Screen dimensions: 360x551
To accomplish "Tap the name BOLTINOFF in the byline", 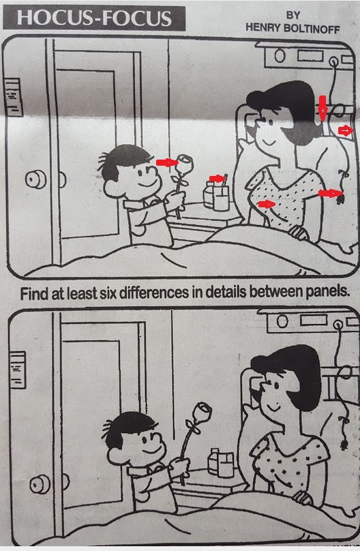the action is [x=312, y=29].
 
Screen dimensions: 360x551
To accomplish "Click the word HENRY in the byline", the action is [x=262, y=27].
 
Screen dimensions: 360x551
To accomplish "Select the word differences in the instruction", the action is [x=154, y=293].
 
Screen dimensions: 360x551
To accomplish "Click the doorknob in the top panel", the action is [x=35, y=179].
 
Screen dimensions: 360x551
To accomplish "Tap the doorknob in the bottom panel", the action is [x=40, y=485].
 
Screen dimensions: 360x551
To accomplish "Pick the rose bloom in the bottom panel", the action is [x=203, y=412].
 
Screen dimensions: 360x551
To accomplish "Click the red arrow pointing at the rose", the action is [x=167, y=162].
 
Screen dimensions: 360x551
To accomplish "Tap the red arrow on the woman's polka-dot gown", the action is [x=267, y=204].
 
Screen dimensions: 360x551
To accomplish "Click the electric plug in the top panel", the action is [x=340, y=199].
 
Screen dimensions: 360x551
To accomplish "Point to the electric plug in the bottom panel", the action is [x=344, y=445].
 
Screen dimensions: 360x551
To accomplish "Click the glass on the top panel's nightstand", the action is [x=221, y=198].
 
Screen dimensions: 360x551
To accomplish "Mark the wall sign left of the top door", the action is [x=14, y=97].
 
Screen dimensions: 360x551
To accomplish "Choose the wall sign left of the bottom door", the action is [x=18, y=370].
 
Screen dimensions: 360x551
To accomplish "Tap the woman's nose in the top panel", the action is [x=258, y=123].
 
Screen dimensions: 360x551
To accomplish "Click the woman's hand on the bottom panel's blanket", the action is [x=303, y=498].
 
